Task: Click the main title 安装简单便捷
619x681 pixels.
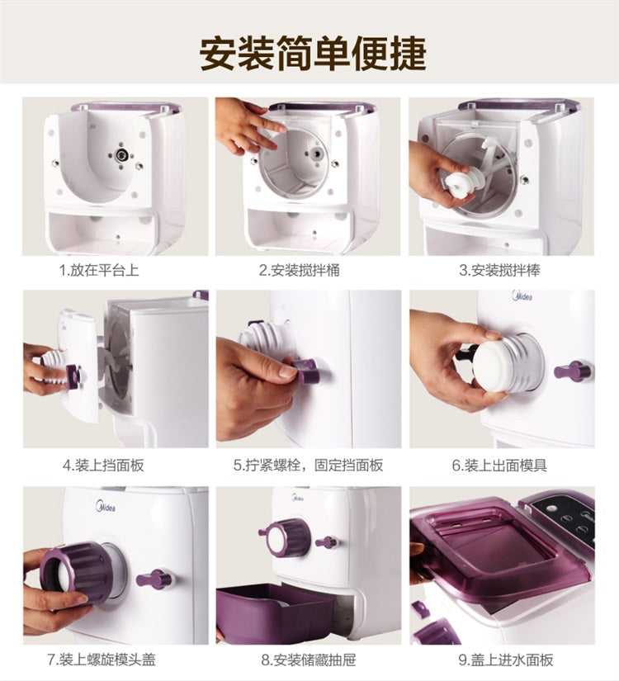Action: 313,53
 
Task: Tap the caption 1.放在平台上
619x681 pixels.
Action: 99,270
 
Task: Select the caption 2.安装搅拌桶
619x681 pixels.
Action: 300,270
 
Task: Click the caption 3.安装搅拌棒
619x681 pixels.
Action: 499,270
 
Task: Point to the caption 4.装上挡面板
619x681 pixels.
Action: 103,466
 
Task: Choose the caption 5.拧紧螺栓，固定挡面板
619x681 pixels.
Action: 308,466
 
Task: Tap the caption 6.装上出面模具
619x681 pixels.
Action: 499,466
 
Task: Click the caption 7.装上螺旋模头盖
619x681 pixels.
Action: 102,660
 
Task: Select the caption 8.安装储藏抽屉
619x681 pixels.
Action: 309,660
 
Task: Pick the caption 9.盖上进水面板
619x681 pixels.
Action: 506,660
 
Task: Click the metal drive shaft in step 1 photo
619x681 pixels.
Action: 120,154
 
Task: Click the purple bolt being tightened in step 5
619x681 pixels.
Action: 306,370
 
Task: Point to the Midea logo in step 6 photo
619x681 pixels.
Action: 522,296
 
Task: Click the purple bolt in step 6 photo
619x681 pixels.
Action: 574,371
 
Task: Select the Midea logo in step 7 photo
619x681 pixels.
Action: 106,507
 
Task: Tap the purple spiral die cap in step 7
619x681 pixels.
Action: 76,574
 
